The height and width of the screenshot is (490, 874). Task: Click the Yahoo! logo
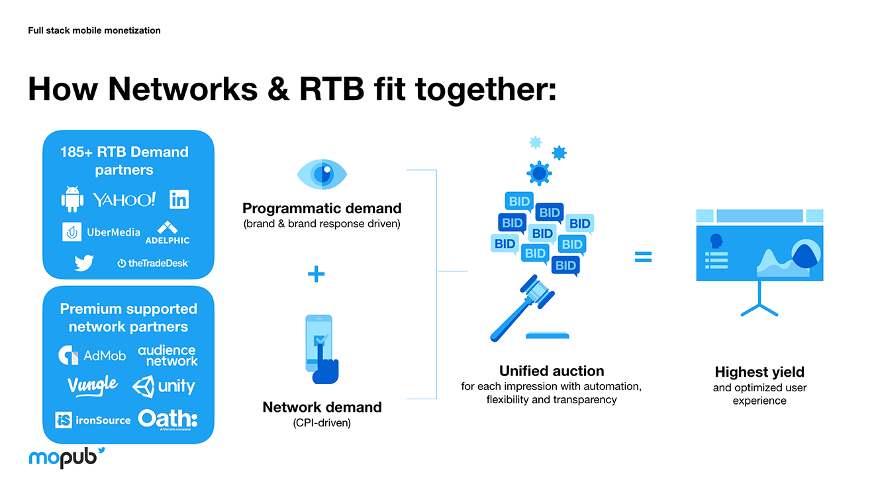pyautogui.click(x=124, y=199)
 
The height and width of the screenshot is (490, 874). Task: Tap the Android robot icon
pyautogui.click(x=72, y=199)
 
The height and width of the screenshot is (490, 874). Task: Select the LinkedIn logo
pyautogui.click(x=179, y=199)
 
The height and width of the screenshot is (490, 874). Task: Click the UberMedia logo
pyautogui.click(x=101, y=232)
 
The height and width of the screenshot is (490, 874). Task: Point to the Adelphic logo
pyautogui.click(x=168, y=232)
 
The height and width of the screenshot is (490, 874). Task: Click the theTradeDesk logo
pyautogui.click(x=153, y=263)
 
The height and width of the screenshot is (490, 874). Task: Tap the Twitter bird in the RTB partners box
pyautogui.click(x=84, y=263)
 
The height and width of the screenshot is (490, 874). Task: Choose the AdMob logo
pyautogui.click(x=92, y=356)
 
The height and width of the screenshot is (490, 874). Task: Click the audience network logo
pyautogui.click(x=168, y=356)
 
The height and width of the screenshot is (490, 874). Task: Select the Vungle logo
pyautogui.click(x=92, y=385)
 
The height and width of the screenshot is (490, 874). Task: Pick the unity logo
pyautogui.click(x=164, y=386)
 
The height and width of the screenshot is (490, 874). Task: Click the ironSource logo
pyautogui.click(x=93, y=420)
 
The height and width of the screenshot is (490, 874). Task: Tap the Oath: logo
pyautogui.click(x=168, y=419)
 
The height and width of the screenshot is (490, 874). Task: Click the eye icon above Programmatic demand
pyautogui.click(x=322, y=174)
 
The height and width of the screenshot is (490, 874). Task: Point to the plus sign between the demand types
pyautogui.click(x=316, y=273)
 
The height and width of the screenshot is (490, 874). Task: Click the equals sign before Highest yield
pyautogui.click(x=643, y=257)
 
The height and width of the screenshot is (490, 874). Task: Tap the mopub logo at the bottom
pyautogui.click(x=66, y=456)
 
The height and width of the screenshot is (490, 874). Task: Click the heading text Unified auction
pyautogui.click(x=552, y=371)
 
